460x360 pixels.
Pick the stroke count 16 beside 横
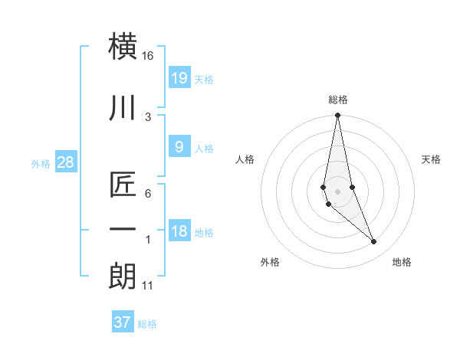click(x=148, y=56)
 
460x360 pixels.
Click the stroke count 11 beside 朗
click(x=148, y=286)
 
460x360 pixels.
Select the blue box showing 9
click(x=179, y=147)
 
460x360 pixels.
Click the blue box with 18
click(x=179, y=231)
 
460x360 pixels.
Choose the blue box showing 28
click(x=65, y=162)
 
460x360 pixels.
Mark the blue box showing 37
click(x=123, y=322)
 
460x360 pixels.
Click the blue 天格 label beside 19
click(x=204, y=80)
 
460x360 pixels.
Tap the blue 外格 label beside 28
click(x=40, y=164)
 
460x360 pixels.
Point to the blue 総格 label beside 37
click(x=147, y=324)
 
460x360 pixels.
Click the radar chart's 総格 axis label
click(x=337, y=100)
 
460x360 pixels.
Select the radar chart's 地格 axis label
click(x=402, y=262)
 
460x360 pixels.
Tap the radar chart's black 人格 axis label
click(x=245, y=159)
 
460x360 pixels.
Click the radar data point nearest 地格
click(x=373, y=242)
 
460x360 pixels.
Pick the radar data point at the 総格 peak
click(x=337, y=116)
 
